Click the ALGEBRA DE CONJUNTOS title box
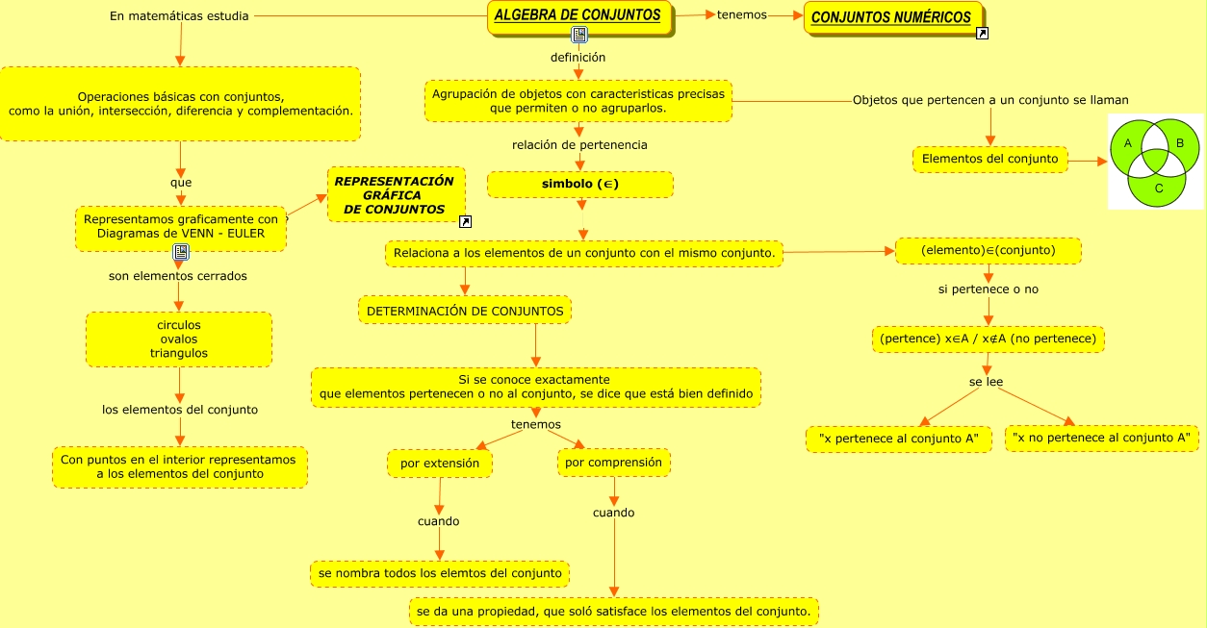tap(578, 15)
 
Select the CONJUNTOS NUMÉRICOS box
tap(891, 17)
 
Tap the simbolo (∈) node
tap(579, 184)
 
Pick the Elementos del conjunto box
tap(989, 159)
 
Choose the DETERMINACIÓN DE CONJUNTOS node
tap(465, 311)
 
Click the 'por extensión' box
tap(440, 464)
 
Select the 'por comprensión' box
tap(614, 463)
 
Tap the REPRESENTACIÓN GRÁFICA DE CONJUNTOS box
tap(394, 195)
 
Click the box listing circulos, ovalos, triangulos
tap(179, 339)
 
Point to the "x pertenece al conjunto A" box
tap(898, 439)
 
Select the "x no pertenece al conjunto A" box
tap(1101, 438)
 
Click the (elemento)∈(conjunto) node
tap(989, 251)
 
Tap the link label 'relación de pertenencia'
tap(579, 145)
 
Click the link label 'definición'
tap(578, 58)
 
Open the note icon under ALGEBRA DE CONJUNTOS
tap(578, 36)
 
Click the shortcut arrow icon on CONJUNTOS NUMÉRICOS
tap(982, 35)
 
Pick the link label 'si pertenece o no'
tap(989, 289)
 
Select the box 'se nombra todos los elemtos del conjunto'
tap(440, 573)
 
